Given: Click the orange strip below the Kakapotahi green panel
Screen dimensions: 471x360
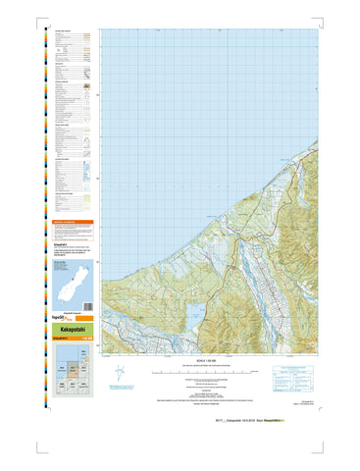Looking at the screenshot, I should tap(72, 340).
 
